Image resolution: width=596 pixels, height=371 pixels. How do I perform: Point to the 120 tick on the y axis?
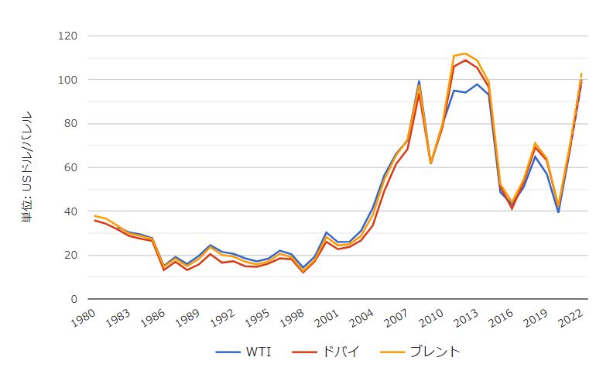68,36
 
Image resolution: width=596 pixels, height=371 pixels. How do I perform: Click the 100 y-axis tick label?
68,80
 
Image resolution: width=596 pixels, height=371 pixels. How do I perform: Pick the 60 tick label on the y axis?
71,167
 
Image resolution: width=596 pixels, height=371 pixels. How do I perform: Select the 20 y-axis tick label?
71,256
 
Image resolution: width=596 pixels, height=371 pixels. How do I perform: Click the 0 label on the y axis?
74,299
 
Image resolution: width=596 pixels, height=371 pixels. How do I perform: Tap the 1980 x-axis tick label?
86,318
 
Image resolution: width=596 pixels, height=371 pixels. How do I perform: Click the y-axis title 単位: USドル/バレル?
27,167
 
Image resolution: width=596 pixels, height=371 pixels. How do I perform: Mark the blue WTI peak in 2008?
419,81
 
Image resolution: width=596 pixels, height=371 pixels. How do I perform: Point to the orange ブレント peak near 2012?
465,53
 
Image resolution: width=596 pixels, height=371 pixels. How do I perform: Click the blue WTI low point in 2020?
558,212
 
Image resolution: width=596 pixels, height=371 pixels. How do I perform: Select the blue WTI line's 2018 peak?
535,156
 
